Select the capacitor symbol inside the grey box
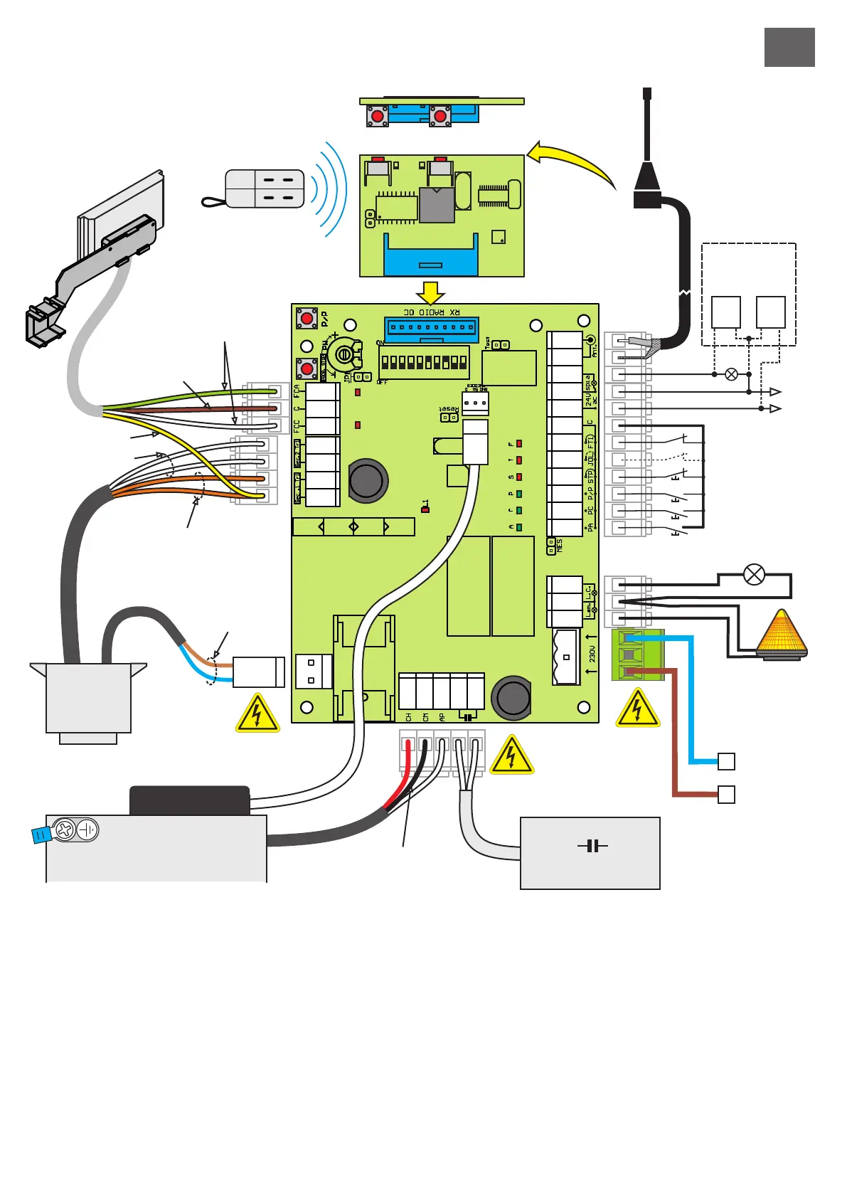592,846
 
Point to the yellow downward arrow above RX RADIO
430,292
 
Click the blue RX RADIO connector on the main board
432,329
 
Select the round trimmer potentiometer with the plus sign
344,354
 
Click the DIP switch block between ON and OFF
424,362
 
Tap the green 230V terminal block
637,654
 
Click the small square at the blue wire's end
726,761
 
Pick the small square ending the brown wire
726,794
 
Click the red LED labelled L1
425,509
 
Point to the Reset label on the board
448,409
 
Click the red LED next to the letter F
519,444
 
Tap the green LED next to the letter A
519,527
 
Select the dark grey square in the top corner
789,48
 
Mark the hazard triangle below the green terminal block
637,709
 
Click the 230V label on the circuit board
592,654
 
